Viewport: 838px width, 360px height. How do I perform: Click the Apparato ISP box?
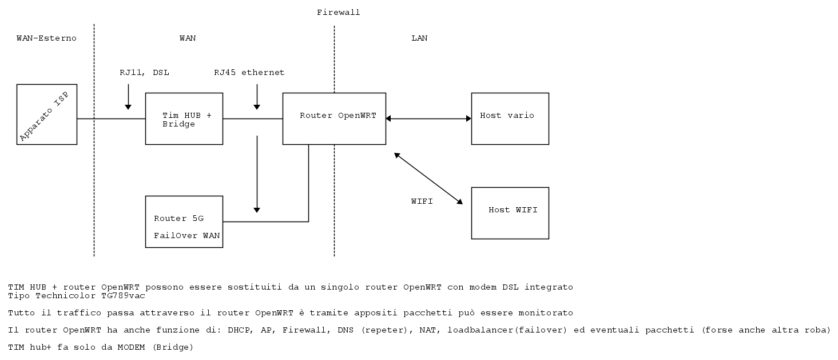(x=47, y=114)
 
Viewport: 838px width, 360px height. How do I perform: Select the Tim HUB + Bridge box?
(x=184, y=119)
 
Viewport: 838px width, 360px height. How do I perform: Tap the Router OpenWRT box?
(x=334, y=118)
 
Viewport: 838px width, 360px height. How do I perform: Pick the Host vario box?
(x=510, y=118)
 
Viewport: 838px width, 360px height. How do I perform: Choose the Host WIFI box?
(x=510, y=213)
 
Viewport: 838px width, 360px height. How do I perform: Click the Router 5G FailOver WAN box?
(x=184, y=221)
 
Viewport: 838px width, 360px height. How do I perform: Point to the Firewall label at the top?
(x=339, y=12)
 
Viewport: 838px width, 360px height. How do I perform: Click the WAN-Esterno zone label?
(x=46, y=38)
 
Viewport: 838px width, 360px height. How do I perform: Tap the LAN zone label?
(x=419, y=38)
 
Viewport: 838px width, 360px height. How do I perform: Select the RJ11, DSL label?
(x=144, y=73)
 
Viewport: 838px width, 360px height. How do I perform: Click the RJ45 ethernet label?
(x=249, y=73)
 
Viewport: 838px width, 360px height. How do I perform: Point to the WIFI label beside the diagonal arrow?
(x=422, y=201)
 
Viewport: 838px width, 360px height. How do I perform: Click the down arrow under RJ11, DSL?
(x=128, y=97)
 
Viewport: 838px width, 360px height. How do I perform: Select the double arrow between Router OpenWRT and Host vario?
(x=428, y=118)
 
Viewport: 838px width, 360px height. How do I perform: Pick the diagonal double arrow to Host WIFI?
(x=428, y=178)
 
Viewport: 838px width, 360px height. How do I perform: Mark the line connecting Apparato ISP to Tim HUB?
(x=111, y=119)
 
